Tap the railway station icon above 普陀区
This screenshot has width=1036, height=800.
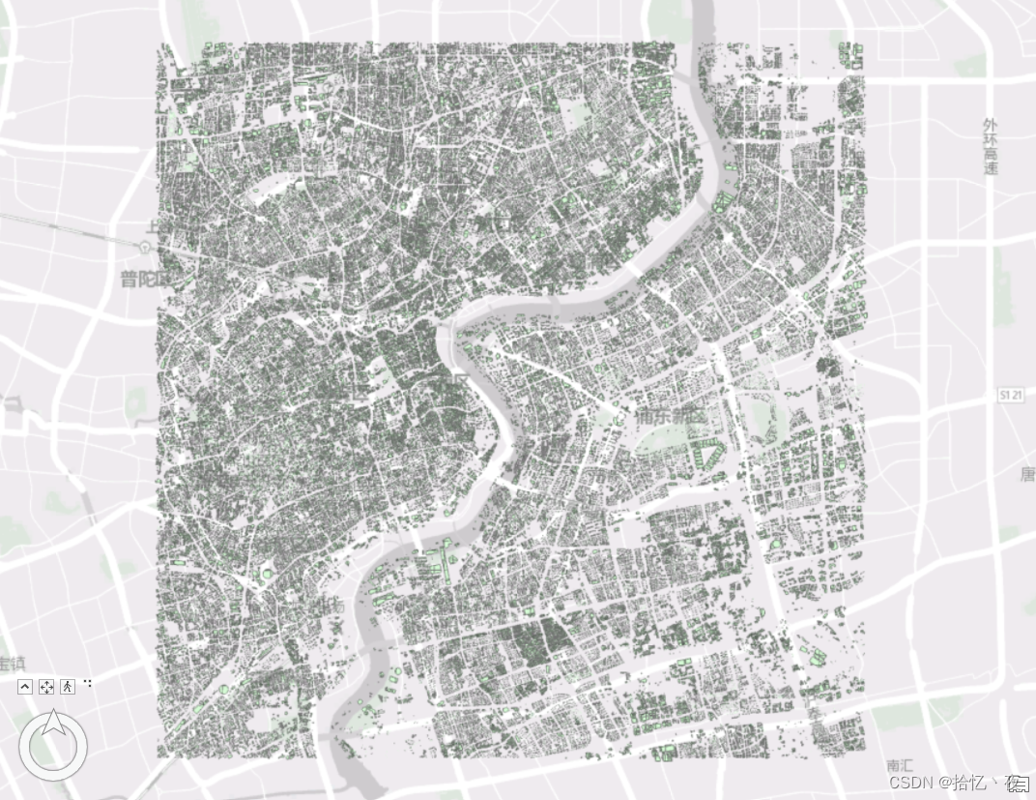pos(145,247)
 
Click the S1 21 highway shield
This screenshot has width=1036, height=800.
pos(1011,397)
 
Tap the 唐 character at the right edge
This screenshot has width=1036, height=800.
pos(1027,474)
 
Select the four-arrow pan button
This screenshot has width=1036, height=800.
pos(46,687)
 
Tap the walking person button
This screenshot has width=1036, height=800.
pos(67,687)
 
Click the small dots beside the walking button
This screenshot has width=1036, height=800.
pos(88,683)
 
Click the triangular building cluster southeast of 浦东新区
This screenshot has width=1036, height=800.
pos(709,455)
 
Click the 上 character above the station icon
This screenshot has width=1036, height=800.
pos(153,228)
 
